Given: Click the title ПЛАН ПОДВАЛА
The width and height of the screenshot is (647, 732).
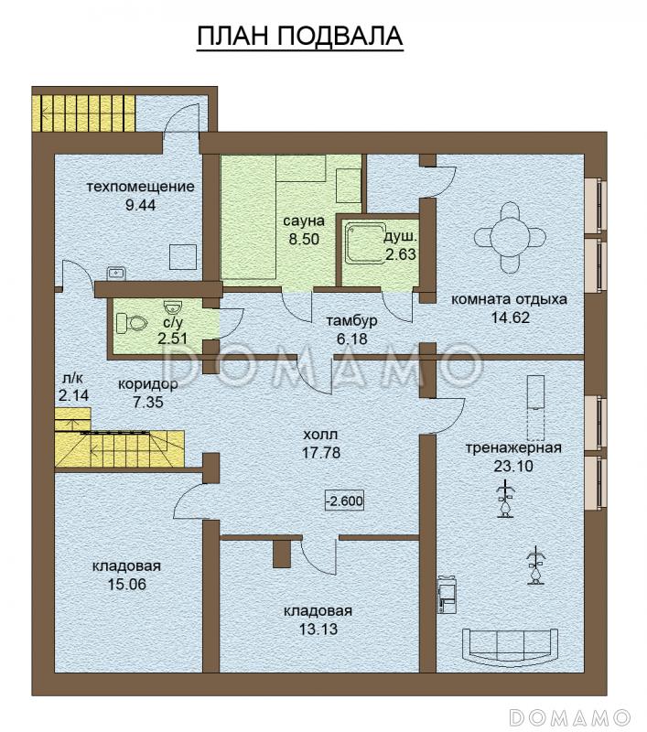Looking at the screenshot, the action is pyautogui.click(x=299, y=36).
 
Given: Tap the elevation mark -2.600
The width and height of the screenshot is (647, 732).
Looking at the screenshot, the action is pyautogui.click(x=345, y=501).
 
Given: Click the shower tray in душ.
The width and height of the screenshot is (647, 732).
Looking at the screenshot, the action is pyautogui.click(x=363, y=242).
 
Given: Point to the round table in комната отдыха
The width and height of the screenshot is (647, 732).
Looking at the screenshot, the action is pyautogui.click(x=510, y=238).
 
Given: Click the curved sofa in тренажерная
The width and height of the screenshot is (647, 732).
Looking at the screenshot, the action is pyautogui.click(x=510, y=646).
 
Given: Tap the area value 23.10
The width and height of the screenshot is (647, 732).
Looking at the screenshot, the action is pyautogui.click(x=513, y=466).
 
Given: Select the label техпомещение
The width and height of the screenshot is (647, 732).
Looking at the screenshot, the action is pyautogui.click(x=141, y=187).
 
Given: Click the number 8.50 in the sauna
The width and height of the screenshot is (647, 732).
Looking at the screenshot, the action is pyautogui.click(x=304, y=239).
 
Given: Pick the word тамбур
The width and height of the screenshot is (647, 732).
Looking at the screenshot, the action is pyautogui.click(x=352, y=321).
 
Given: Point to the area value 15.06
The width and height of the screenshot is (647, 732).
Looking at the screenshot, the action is pyautogui.click(x=127, y=584).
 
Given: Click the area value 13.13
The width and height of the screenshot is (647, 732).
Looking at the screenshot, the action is pyautogui.click(x=318, y=629).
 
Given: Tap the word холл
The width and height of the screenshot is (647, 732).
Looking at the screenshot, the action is pyautogui.click(x=320, y=435).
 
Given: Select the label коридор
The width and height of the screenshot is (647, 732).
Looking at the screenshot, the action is pyautogui.click(x=148, y=384).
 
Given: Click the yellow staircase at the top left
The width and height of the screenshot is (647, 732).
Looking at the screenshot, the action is pyautogui.click(x=84, y=113).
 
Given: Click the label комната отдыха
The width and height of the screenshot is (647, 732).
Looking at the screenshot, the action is pyautogui.click(x=510, y=299).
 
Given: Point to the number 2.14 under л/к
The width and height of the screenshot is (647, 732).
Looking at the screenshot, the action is pyautogui.click(x=74, y=396).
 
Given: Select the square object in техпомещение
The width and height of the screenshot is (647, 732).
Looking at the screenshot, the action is pyautogui.click(x=182, y=257).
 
